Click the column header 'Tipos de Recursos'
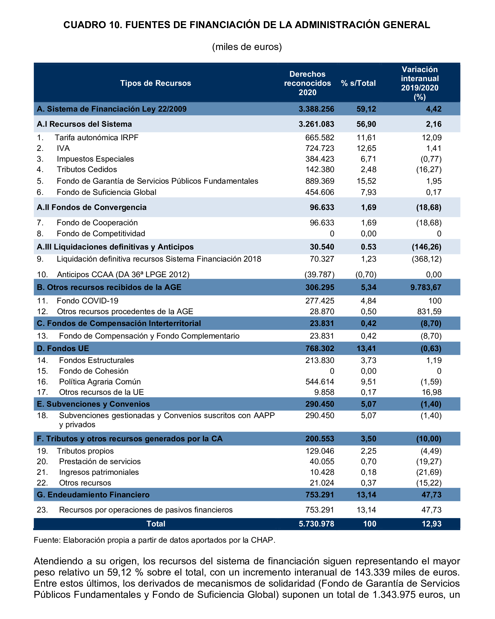(x=156, y=83)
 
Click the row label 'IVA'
(x=63, y=148)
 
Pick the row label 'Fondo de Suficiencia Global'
(x=106, y=192)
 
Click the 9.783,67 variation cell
(x=425, y=287)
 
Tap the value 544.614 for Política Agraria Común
(x=320, y=382)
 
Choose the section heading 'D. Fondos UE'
(x=63, y=348)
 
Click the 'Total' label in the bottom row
(x=156, y=524)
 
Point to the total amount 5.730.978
(x=316, y=524)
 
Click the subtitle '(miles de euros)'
(x=247, y=47)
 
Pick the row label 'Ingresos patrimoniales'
(x=99, y=472)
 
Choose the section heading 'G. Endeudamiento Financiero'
(x=93, y=495)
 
